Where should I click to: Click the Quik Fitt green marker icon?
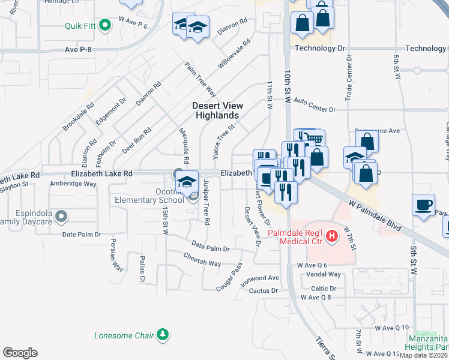(x=105, y=26)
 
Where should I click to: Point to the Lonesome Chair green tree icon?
(x=161, y=335)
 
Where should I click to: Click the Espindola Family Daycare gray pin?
(x=61, y=215)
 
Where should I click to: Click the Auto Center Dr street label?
(x=315, y=110)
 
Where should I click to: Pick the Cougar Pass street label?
(x=229, y=274)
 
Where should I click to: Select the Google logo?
(x=20, y=353)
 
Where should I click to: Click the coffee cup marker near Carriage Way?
(x=423, y=205)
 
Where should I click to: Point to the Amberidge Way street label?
(x=73, y=184)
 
